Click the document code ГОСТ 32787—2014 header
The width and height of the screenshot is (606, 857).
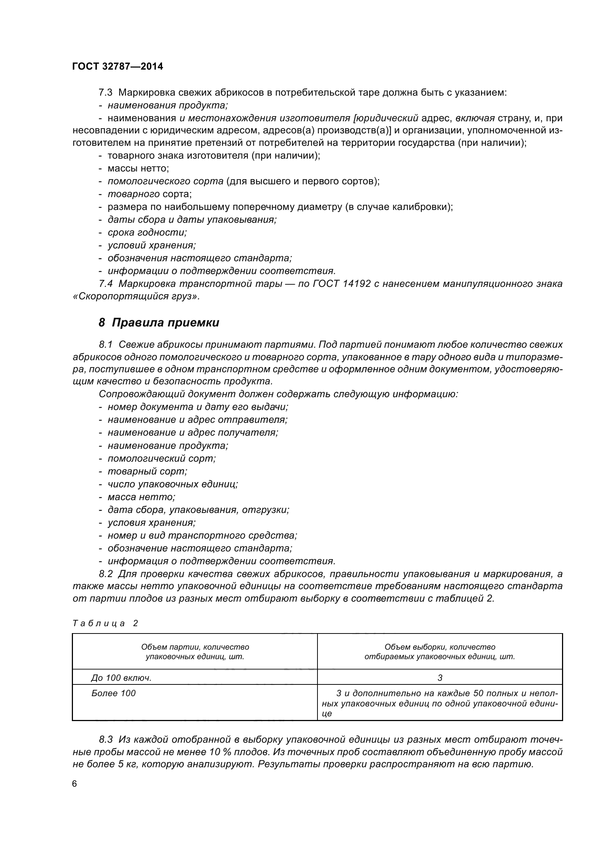118,66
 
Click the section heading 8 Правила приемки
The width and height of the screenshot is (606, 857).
159,322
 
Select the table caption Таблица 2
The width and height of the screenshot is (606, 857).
105,623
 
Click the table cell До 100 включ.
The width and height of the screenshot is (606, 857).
121,678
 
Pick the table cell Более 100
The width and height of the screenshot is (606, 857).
114,693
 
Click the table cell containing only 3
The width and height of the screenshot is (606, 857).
440,678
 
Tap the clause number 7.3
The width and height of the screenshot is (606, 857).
106,92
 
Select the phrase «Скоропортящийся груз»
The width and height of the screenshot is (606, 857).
136,297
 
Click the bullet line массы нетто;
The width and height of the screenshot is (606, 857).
138,168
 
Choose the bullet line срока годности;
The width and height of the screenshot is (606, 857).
147,232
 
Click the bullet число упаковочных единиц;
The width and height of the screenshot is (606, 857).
173,484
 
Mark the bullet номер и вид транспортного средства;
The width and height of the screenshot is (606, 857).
202,535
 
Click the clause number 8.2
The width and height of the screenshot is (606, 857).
106,574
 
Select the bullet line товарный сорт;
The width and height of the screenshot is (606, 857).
147,472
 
